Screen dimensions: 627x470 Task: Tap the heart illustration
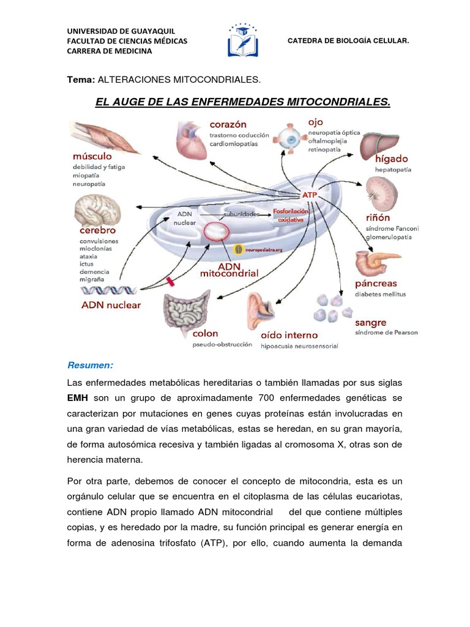click(x=191, y=140)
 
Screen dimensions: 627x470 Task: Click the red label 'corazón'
click(x=227, y=125)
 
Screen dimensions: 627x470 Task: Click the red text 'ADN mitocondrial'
click(x=229, y=270)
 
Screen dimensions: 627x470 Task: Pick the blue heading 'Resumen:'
click(x=90, y=366)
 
